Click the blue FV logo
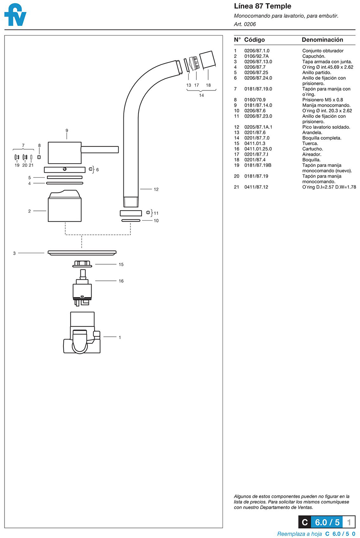click(15, 15)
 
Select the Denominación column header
click(322, 40)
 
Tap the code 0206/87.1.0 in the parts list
click(257, 51)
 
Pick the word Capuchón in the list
click(313, 56)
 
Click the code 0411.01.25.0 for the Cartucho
click(258, 149)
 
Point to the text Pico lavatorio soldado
click(326, 127)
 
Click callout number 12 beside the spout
click(156, 189)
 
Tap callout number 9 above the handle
click(67, 131)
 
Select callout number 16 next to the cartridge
click(121, 281)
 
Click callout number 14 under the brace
click(201, 95)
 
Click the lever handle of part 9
click(99, 150)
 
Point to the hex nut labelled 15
click(82, 264)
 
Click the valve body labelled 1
click(82, 334)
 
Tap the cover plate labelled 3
click(82, 253)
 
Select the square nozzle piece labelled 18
click(207, 60)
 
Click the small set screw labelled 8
click(39, 157)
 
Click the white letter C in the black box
click(304, 522)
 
